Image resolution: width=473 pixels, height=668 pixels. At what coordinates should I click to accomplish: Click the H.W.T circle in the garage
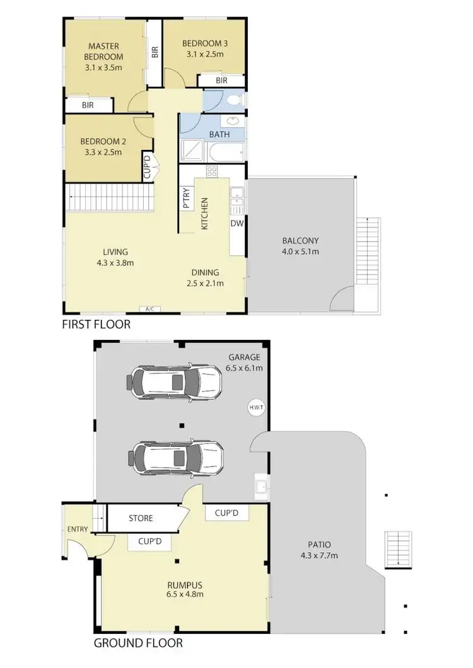[256, 407]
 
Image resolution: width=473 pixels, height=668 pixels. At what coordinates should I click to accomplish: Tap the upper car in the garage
[175, 380]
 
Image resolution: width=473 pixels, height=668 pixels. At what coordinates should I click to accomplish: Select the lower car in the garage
[178, 456]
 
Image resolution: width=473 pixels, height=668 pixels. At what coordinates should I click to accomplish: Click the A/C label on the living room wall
[149, 309]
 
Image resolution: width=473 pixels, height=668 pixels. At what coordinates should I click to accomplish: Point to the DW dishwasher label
[237, 223]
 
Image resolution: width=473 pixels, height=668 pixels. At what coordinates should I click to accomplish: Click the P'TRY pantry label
[187, 199]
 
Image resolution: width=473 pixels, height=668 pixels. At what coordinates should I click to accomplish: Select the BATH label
[219, 133]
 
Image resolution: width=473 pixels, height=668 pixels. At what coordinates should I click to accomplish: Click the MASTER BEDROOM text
[105, 52]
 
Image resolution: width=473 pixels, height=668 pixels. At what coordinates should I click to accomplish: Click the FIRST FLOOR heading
[96, 325]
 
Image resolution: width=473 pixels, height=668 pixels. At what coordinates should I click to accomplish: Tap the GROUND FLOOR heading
[138, 643]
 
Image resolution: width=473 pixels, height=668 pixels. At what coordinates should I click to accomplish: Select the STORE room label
[141, 518]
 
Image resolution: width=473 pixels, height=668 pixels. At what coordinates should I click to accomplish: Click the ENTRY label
[78, 529]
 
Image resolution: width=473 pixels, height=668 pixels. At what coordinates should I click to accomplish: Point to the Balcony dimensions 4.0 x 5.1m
[300, 251]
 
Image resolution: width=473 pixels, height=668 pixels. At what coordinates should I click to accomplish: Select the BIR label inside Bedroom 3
[221, 81]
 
